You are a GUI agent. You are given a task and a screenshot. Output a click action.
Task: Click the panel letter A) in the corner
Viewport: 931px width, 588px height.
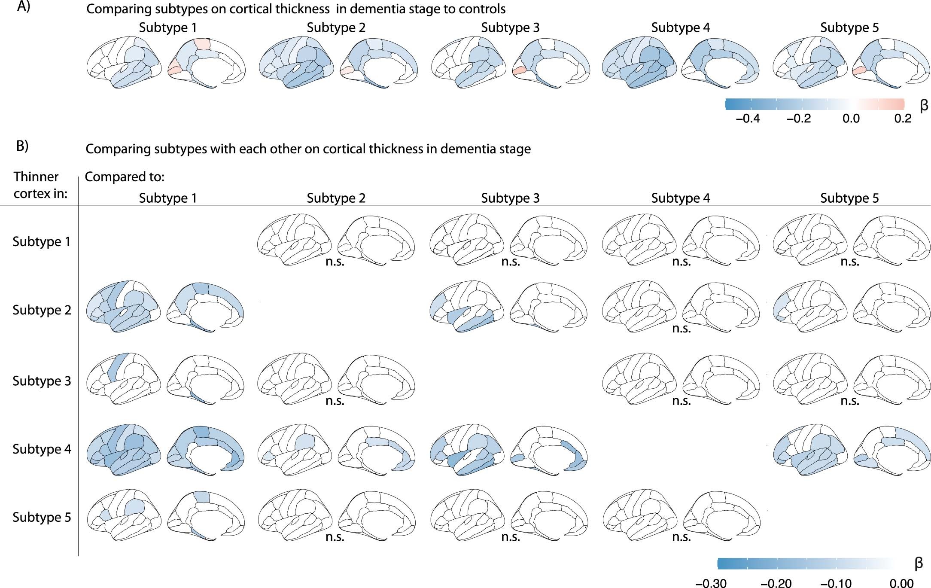pos(23,7)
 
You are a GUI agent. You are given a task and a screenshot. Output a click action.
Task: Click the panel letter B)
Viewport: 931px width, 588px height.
pos(22,146)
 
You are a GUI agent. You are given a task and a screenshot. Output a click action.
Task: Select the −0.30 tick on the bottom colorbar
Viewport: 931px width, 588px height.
pos(711,583)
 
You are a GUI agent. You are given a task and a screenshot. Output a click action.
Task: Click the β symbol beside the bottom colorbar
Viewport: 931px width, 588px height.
pos(919,563)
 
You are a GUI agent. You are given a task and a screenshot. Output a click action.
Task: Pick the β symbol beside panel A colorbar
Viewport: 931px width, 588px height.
pos(924,105)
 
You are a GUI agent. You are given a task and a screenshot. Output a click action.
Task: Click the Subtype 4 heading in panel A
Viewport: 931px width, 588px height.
pos(680,28)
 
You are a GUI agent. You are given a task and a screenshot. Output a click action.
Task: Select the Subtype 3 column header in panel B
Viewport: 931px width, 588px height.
pos(510,198)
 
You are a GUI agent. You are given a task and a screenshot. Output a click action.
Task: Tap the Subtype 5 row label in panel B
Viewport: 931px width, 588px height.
pos(42,517)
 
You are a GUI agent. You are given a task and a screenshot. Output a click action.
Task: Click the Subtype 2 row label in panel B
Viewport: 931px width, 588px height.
pos(42,310)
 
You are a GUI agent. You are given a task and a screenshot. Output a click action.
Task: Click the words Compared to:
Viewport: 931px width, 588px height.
pos(125,177)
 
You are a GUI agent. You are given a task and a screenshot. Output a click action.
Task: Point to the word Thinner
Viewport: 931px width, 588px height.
pos(36,177)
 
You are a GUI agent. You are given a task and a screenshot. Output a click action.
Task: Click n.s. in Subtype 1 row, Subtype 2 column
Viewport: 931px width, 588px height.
pos(335,262)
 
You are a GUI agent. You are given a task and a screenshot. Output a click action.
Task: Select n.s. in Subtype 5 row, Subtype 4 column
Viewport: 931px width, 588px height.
pos(681,537)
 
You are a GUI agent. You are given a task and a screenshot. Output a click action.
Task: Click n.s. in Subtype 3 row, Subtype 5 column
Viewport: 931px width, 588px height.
pos(849,401)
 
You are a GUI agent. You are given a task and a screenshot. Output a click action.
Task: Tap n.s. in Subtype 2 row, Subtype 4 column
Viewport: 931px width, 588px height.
pos(681,329)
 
